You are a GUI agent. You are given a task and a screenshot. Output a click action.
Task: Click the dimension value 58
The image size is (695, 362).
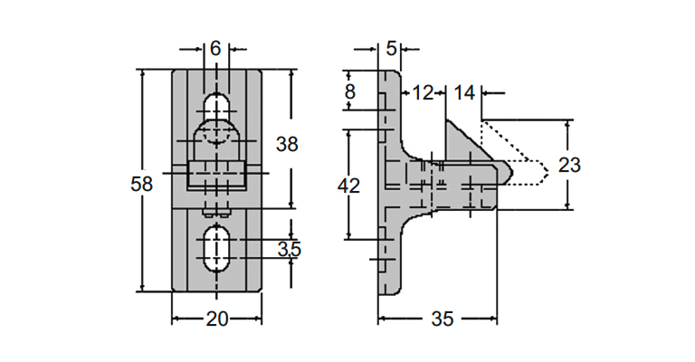(x=142, y=184)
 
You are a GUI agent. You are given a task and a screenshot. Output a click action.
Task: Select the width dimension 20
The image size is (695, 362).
(x=217, y=319)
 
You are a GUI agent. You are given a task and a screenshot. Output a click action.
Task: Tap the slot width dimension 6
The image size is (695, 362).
(x=215, y=48)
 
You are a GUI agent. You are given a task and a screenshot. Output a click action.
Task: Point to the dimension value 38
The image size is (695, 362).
(x=287, y=144)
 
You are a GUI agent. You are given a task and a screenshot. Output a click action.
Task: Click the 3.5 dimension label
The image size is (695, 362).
(x=290, y=249)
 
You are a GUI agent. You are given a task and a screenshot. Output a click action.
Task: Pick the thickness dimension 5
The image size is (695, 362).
(x=391, y=48)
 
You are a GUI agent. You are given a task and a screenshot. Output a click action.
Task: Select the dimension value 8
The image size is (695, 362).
(x=350, y=91)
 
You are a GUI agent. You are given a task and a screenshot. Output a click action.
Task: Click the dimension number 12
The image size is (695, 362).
(x=423, y=92)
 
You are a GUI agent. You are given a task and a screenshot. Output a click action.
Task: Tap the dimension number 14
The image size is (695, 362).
(x=464, y=92)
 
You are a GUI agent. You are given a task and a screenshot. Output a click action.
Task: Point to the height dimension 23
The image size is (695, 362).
(x=569, y=165)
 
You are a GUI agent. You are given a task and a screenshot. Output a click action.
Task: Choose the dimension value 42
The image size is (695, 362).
(x=348, y=186)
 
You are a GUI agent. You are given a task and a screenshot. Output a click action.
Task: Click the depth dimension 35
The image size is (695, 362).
(x=443, y=319)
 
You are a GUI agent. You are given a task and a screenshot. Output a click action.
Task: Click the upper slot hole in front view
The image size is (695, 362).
(x=216, y=106)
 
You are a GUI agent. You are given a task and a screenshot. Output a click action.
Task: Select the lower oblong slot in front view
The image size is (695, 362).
(x=216, y=248)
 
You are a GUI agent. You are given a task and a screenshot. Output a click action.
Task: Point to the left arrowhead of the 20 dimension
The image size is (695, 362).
(x=176, y=319)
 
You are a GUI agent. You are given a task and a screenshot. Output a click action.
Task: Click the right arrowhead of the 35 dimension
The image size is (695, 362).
(x=492, y=319)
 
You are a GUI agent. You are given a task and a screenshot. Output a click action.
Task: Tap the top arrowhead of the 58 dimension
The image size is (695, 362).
(x=142, y=74)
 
